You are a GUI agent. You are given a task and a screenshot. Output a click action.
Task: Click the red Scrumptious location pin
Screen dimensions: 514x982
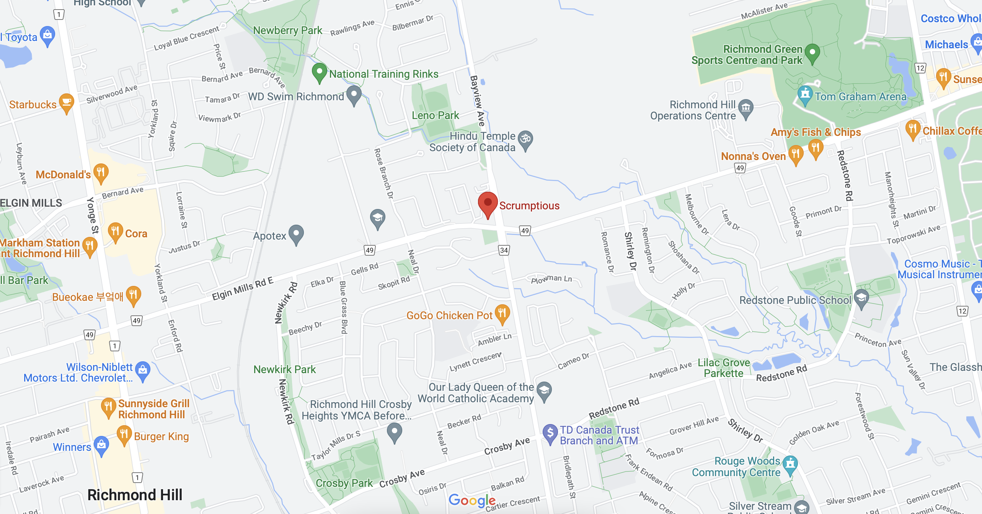click(488, 203)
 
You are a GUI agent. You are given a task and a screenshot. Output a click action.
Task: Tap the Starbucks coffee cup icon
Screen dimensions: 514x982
click(67, 102)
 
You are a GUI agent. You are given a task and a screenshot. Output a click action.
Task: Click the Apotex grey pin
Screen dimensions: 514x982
click(296, 233)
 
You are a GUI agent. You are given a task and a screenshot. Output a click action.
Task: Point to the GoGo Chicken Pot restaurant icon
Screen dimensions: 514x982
click(502, 313)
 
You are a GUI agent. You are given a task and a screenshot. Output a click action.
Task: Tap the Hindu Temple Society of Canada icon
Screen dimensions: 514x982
click(525, 139)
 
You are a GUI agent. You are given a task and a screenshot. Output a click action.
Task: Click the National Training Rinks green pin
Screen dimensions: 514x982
click(319, 72)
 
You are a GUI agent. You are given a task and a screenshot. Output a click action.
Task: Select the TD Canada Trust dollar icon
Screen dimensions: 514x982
click(550, 433)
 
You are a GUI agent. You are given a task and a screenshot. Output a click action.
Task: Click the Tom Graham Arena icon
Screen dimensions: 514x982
click(805, 94)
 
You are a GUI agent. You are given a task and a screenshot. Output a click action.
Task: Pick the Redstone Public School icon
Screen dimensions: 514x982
click(861, 298)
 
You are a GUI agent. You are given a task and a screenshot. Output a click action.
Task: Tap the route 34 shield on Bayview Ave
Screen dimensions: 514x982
click(504, 250)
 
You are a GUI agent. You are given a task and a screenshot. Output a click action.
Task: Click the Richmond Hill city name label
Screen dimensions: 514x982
click(135, 495)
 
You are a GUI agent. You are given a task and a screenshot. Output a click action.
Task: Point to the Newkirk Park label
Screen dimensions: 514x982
click(284, 369)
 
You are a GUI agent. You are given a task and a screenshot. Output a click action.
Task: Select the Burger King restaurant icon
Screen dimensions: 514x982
click(124, 434)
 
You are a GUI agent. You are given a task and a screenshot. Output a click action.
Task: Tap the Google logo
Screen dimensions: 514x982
click(472, 500)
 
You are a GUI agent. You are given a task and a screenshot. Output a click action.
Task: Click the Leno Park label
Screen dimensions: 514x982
click(435, 115)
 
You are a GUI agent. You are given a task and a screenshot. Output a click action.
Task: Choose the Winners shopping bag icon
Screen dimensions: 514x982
click(101, 445)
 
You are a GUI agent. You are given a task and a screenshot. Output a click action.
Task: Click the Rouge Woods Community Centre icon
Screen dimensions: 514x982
click(790, 464)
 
